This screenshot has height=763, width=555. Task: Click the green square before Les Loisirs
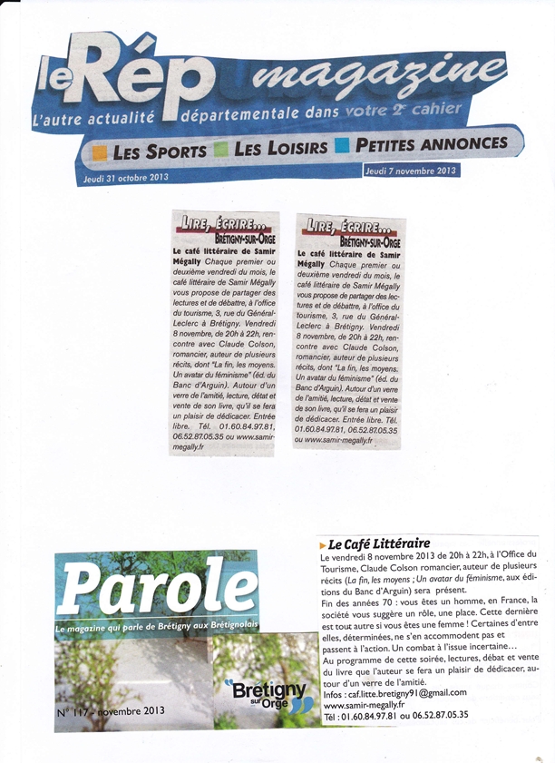coord(221,148)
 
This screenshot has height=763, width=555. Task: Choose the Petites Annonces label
coord(432,142)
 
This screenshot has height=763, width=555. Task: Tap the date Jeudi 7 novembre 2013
coord(410,170)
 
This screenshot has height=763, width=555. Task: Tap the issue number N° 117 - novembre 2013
coord(111,711)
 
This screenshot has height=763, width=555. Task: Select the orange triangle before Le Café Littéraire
coord(324,543)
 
